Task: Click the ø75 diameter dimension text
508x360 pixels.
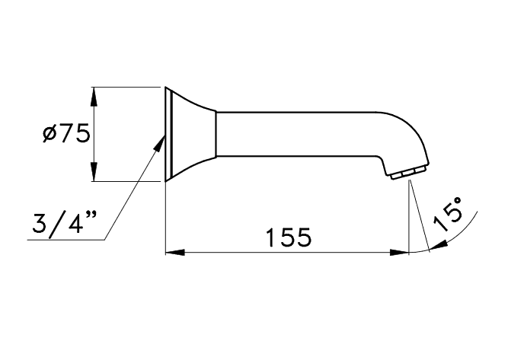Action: click(x=67, y=134)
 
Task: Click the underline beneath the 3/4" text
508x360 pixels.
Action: click(x=65, y=241)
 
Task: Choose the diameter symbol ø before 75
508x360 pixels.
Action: click(x=50, y=135)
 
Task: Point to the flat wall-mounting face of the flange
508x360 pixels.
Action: click(x=166, y=135)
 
